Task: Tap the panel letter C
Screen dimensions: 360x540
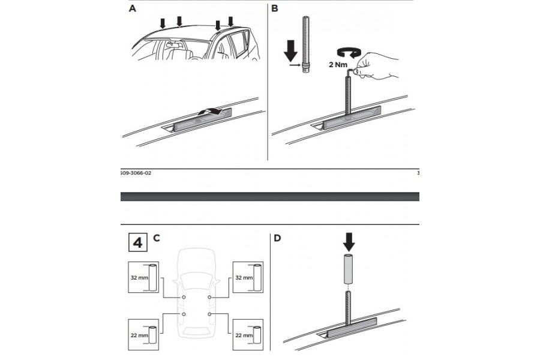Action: [x=156, y=238]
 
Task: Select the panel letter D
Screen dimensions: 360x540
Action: [x=277, y=238]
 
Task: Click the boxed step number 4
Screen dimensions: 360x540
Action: [x=137, y=243]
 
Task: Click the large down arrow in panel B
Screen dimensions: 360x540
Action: [x=290, y=50]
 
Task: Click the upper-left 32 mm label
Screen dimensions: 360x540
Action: [x=139, y=277]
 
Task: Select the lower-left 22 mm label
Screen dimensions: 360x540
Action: [x=139, y=335]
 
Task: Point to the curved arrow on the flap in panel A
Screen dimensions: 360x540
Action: [x=211, y=111]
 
